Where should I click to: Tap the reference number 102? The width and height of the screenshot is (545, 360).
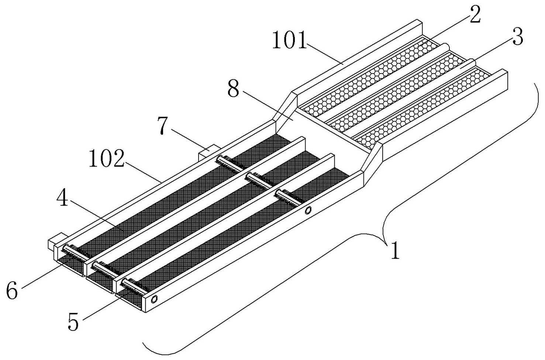click(x=107, y=158)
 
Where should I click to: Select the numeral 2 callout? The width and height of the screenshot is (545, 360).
click(x=475, y=14)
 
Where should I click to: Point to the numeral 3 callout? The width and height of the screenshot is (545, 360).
click(x=517, y=37)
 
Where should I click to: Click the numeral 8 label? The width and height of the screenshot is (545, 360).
click(x=233, y=89)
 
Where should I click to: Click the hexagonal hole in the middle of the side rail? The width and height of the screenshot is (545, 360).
click(x=308, y=210)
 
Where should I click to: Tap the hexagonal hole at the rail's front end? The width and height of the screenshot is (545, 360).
click(x=154, y=299)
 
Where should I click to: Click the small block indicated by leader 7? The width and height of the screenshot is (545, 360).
click(x=209, y=152)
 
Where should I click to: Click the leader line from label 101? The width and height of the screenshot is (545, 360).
click(x=325, y=54)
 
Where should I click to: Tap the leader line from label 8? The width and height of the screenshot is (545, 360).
click(x=268, y=106)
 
